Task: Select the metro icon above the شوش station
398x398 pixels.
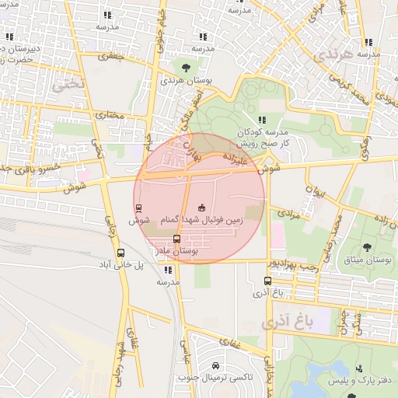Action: coord(138,208)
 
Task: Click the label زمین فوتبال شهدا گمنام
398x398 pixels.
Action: coord(203,221)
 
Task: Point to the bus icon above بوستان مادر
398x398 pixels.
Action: coord(176,239)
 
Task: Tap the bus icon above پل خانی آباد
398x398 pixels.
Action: coord(120,253)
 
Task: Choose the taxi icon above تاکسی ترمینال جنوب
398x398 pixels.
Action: coord(215,366)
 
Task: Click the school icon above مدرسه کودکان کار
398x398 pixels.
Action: coord(262,119)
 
